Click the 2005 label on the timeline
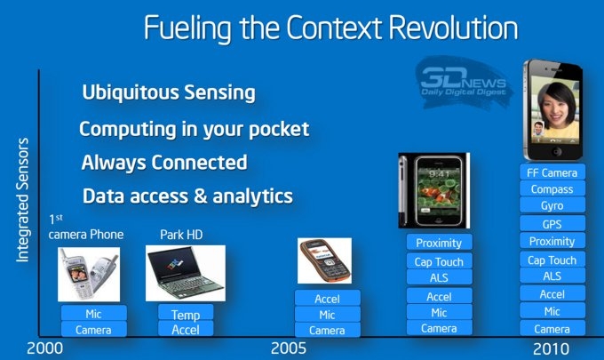coord(289,348)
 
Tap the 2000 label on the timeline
coord(44,348)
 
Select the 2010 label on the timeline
coord(551,349)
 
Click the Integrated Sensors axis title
coord(22,200)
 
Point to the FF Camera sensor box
coord(552,172)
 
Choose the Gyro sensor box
coord(552,205)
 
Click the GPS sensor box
coord(552,223)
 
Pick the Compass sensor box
coord(552,188)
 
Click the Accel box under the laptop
coord(186,329)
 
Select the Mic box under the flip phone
coord(93,313)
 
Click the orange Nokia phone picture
coord(324,260)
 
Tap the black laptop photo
coord(186,273)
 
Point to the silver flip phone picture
coord(89,275)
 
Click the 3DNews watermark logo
coord(464,83)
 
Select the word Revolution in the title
coord(453,28)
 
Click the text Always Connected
coord(164,163)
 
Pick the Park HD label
coord(181,235)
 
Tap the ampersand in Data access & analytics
coord(201,196)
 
